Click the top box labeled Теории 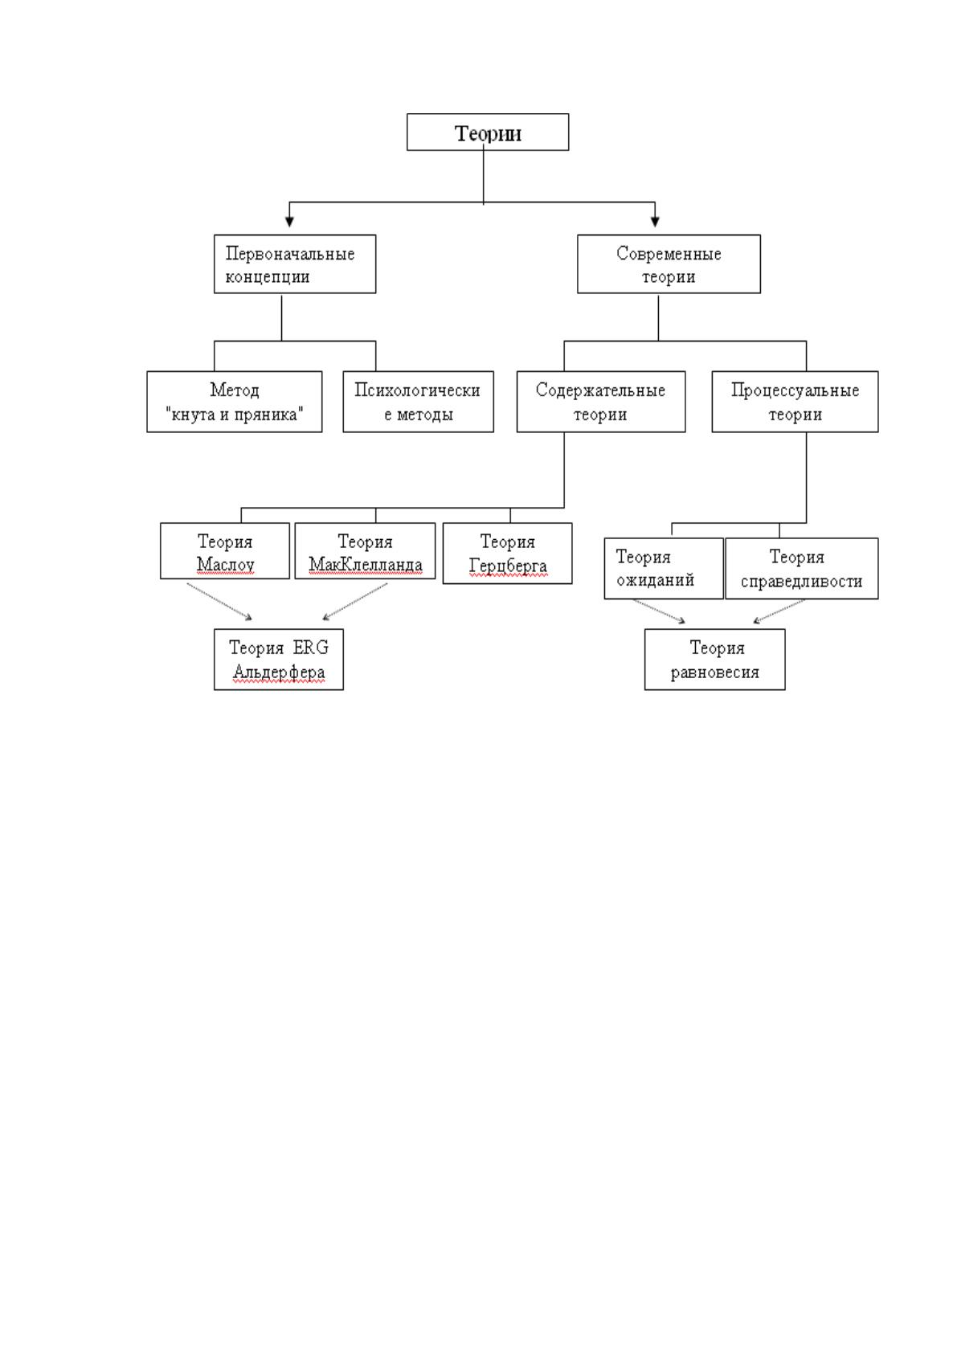coord(488,132)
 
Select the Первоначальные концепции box coord(295,264)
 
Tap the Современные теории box coord(669,264)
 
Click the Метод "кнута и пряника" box coord(235,402)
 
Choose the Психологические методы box coord(418,402)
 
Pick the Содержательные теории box coord(601,402)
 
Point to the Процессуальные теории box coord(795,402)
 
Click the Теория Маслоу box coord(225,551)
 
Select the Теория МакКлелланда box coord(365,551)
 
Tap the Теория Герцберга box coord(508,554)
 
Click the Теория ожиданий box coord(664,568)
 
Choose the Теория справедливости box coord(802,568)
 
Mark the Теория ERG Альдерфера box coord(279,660)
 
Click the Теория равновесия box coord(714,660)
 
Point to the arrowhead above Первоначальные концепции coord(289,222)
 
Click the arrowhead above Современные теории coord(655,222)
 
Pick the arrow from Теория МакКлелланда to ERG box coord(355,602)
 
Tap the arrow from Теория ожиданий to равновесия coord(659,611)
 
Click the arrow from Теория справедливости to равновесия coord(779,611)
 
